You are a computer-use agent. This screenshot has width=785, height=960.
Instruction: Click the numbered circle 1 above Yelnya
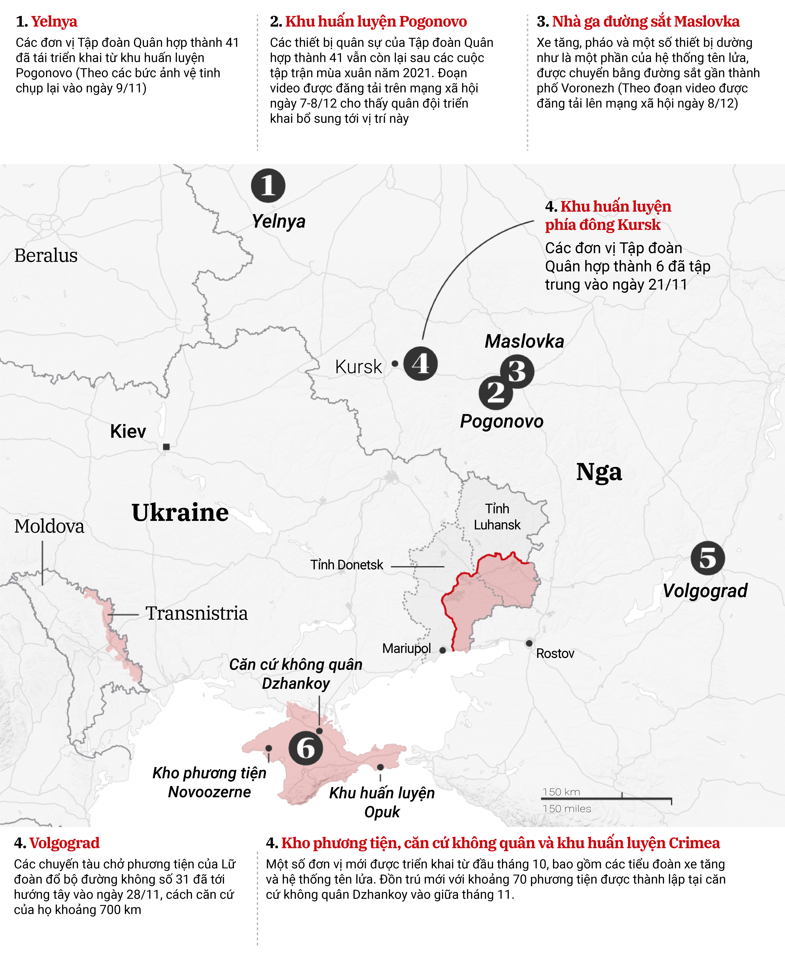point(268,186)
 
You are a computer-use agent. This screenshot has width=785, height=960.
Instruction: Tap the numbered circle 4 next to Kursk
point(421,363)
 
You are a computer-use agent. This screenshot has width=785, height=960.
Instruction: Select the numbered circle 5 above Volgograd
point(708,558)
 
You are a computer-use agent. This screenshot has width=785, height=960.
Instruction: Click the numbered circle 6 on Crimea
point(306,748)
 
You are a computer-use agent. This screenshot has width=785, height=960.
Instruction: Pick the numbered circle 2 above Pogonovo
point(496,392)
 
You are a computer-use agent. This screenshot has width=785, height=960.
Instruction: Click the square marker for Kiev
point(166,447)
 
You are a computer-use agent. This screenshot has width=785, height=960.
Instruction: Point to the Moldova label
point(49,526)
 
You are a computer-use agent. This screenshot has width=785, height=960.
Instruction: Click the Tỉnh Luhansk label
point(497,517)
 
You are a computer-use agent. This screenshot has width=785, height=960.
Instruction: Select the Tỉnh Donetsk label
point(346,565)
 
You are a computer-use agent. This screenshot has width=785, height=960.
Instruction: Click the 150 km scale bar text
point(561,792)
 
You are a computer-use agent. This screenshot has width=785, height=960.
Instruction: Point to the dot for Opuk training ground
point(380,767)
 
